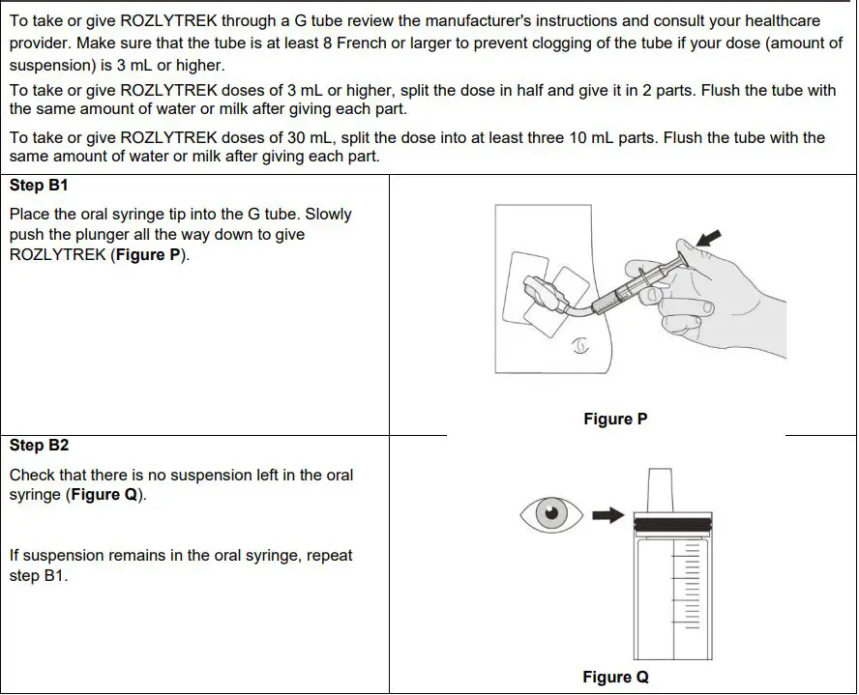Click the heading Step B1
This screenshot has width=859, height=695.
(x=39, y=185)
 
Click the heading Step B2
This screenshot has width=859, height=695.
(x=39, y=446)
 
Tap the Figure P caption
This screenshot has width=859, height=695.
(x=615, y=420)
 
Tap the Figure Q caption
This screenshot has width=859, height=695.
(x=615, y=678)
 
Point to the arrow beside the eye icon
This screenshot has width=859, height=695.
(x=607, y=516)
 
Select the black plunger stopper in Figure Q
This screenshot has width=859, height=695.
(x=670, y=523)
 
